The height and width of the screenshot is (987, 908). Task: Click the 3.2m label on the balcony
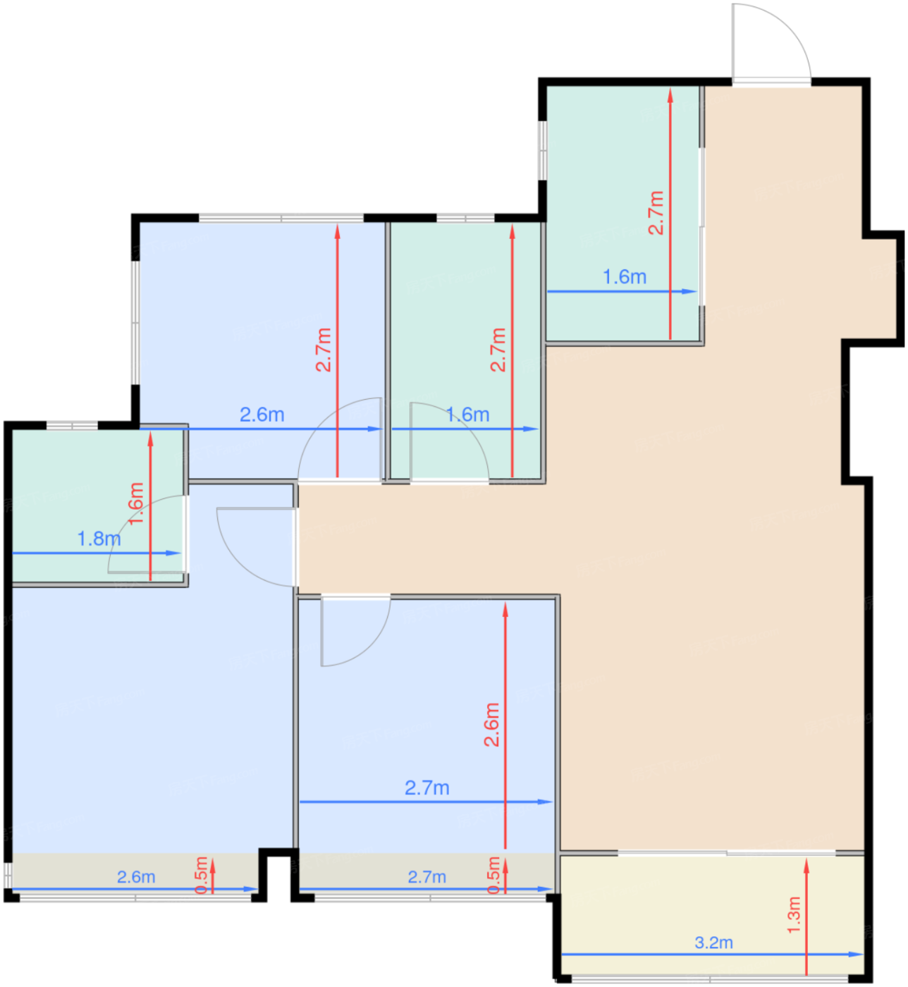click(x=713, y=943)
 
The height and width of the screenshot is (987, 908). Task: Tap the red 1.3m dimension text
click(x=794, y=915)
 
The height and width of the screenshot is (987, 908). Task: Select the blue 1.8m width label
click(x=99, y=539)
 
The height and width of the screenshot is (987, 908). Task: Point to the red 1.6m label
click(x=135, y=503)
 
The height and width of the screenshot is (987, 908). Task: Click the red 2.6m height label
click(x=491, y=725)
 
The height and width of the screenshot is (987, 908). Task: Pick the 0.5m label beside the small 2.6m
click(x=202, y=876)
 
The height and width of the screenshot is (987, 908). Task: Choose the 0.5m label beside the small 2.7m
click(x=493, y=876)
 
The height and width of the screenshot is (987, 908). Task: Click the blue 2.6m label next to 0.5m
click(x=136, y=877)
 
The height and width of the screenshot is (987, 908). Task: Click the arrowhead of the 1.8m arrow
click(x=173, y=553)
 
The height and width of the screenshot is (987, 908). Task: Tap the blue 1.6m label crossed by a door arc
click(x=467, y=415)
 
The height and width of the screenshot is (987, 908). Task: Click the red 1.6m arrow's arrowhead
click(x=151, y=439)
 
